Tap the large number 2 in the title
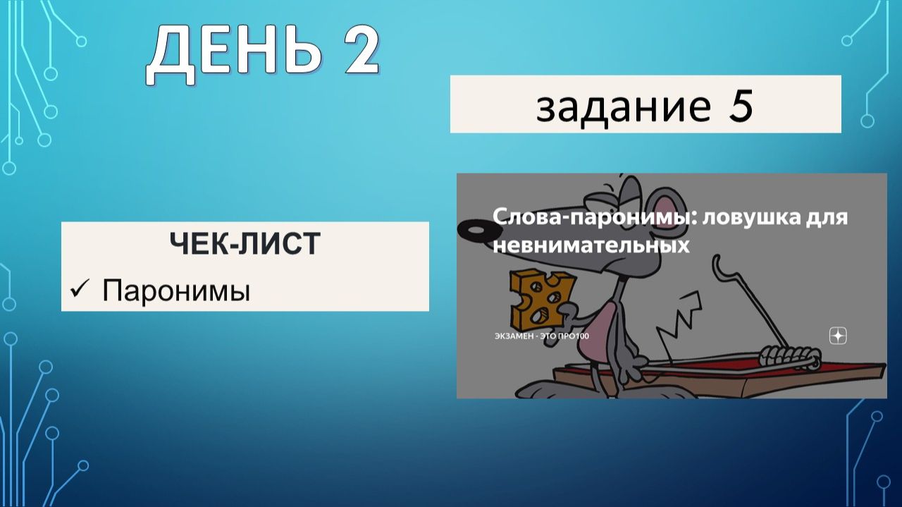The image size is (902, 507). click(354, 51)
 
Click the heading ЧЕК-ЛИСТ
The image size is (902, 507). click(245, 244)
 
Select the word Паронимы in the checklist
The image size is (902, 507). click(176, 290)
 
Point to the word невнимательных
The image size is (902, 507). click(591, 245)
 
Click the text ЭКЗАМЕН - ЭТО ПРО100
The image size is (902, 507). click(541, 336)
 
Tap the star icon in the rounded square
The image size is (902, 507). click(837, 336)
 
